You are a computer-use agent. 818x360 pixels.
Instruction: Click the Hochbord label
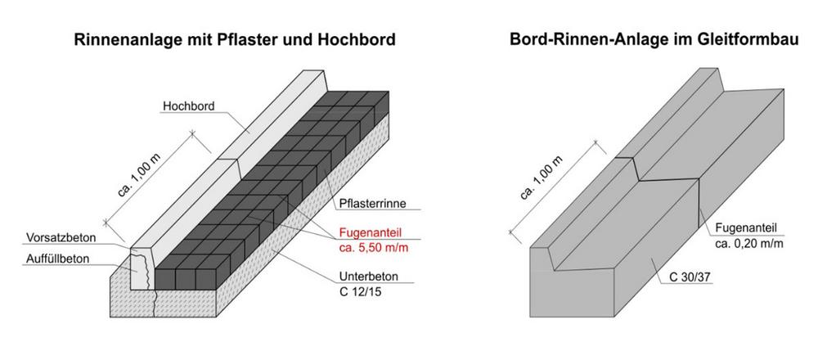pyautogui.click(x=188, y=106)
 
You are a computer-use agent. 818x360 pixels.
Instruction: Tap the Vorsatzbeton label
pyautogui.click(x=61, y=238)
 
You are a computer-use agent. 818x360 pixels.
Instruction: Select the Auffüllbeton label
pyautogui.click(x=56, y=259)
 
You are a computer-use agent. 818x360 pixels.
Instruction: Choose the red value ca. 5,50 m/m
pyautogui.click(x=374, y=248)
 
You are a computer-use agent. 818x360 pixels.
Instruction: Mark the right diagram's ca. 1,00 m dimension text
pyautogui.click(x=541, y=178)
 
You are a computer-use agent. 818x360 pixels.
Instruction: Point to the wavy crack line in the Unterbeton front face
pyautogui.click(x=155, y=304)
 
